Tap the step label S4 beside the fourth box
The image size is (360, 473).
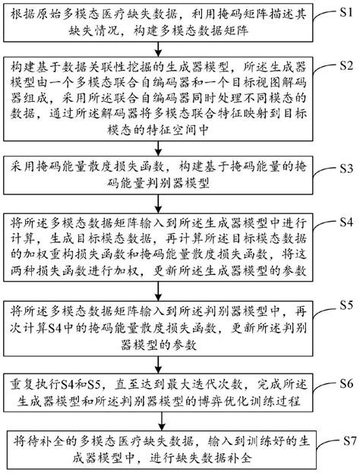343,223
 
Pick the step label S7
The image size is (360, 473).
343,439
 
